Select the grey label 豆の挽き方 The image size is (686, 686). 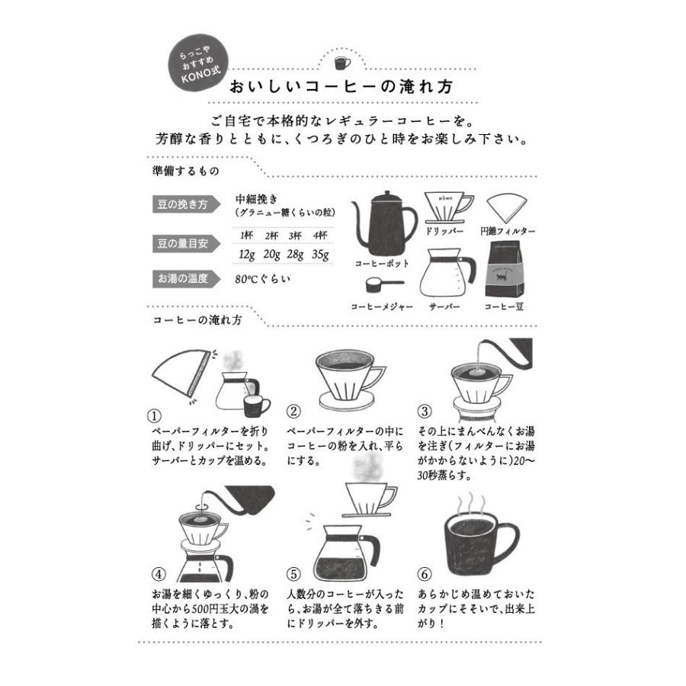pyautogui.click(x=182, y=204)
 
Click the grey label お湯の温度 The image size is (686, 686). pyautogui.click(x=182, y=278)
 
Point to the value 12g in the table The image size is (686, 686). pyautogui.click(x=246, y=254)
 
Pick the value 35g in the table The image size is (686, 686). pyautogui.click(x=320, y=254)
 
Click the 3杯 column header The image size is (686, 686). pyautogui.click(x=295, y=235)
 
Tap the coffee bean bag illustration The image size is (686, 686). pyautogui.click(x=504, y=271)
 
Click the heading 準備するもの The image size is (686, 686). pyautogui.click(x=186, y=171)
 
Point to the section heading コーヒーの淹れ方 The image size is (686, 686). pyautogui.click(x=197, y=320)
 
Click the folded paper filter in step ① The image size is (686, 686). pyautogui.click(x=181, y=373)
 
